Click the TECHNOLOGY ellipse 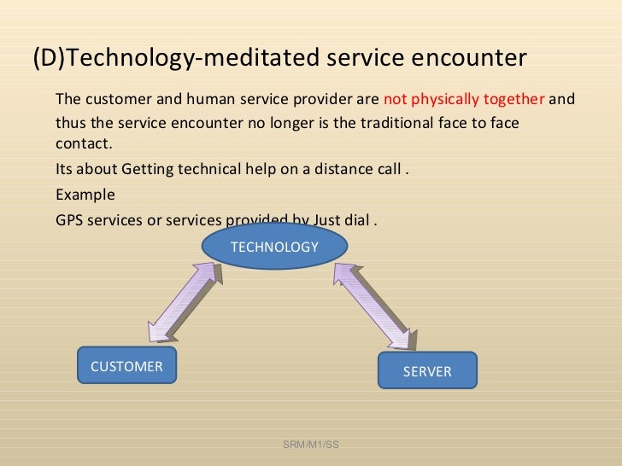(274, 247)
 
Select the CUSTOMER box (126, 367)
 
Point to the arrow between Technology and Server (375, 303)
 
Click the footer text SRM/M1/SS (311, 444)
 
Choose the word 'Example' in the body (85, 194)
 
